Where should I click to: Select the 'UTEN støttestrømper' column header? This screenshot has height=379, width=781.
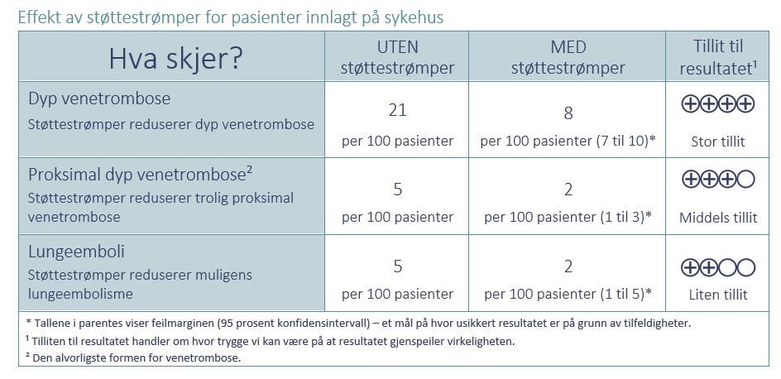pyautogui.click(x=398, y=57)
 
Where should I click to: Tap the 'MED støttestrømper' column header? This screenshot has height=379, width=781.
pyautogui.click(x=568, y=57)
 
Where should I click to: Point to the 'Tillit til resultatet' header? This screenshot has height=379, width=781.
pyautogui.click(x=717, y=57)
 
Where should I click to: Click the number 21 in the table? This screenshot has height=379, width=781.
pyautogui.click(x=398, y=110)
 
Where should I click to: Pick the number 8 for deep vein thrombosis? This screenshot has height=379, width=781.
pyautogui.click(x=568, y=113)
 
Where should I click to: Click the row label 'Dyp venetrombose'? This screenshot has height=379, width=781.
pyautogui.click(x=99, y=98)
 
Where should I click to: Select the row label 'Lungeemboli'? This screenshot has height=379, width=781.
pyautogui.click(x=76, y=252)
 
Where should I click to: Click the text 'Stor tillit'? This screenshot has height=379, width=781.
pyautogui.click(x=718, y=142)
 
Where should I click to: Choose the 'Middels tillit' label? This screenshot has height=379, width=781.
pyautogui.click(x=718, y=218)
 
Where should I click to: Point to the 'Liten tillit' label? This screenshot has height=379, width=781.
pyautogui.click(x=718, y=294)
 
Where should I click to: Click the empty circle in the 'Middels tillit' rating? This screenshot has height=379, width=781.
pyautogui.click(x=745, y=180)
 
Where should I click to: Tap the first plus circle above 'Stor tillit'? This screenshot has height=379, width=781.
pyautogui.click(x=691, y=103)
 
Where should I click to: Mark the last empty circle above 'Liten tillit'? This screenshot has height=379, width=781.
pyautogui.click(x=745, y=266)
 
